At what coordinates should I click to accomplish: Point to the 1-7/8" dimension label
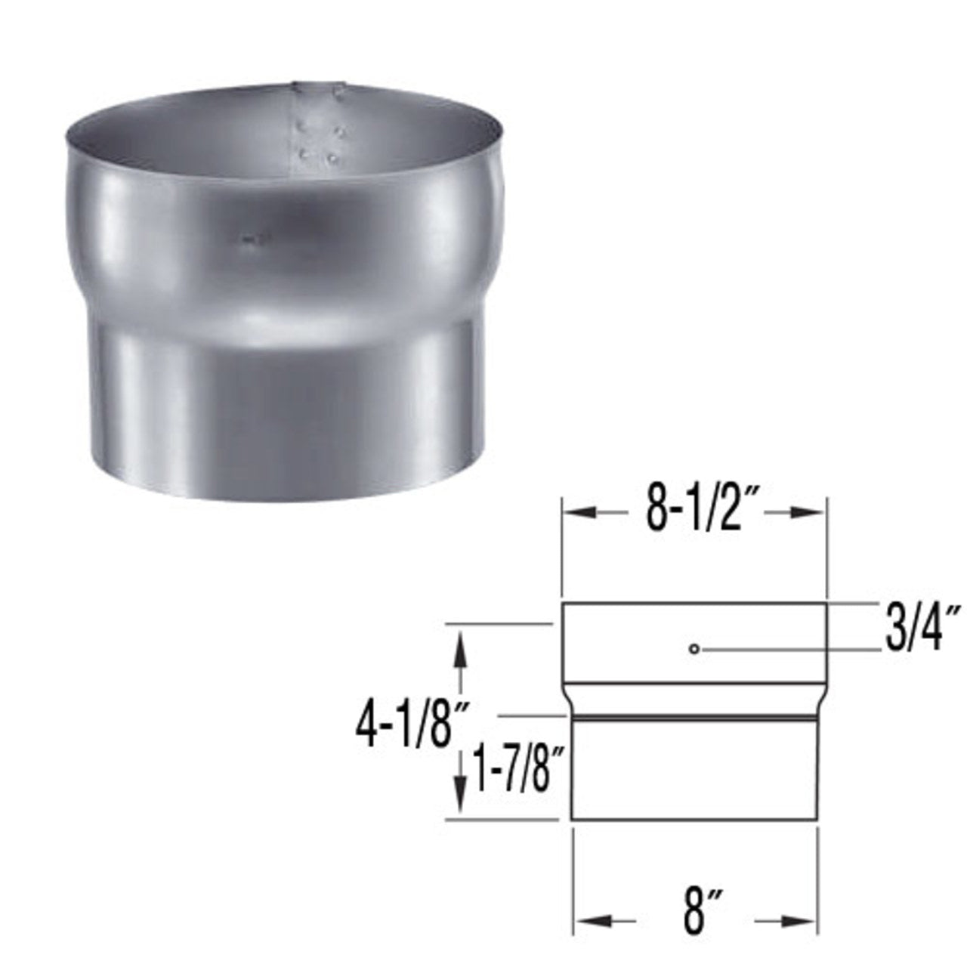[521, 767]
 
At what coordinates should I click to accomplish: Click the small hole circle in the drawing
[694, 648]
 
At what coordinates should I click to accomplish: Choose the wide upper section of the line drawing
[694, 642]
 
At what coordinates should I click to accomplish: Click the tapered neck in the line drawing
[694, 699]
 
